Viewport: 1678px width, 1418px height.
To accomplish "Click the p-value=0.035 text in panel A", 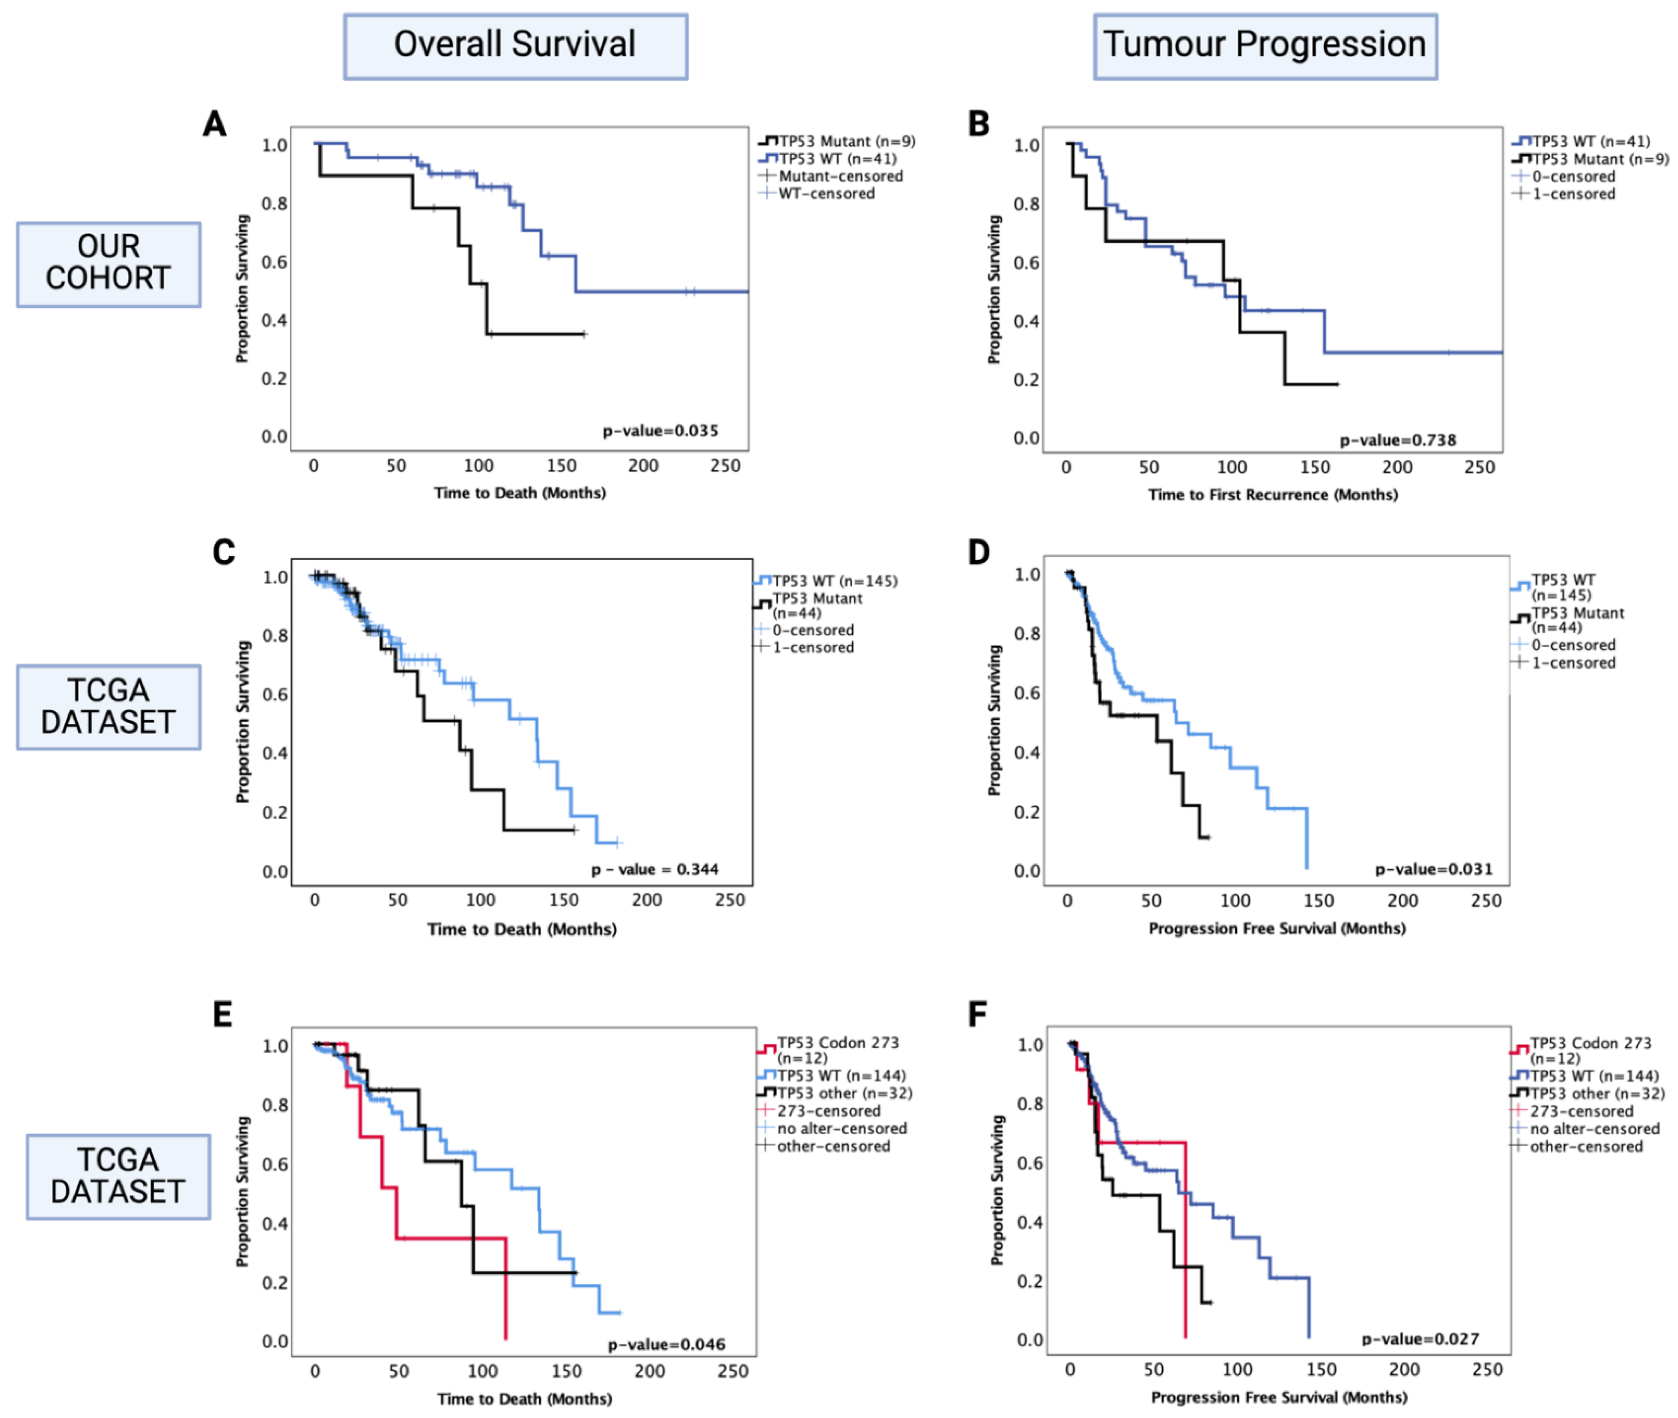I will pyautogui.click(x=660, y=431).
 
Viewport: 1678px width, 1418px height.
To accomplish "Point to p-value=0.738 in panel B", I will pyautogui.click(x=1397, y=440).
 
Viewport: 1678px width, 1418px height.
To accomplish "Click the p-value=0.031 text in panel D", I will pyautogui.click(x=1434, y=869).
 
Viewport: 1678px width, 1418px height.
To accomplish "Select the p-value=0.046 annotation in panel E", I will pyautogui.click(x=666, y=1344).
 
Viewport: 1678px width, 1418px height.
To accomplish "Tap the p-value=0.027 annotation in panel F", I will pyautogui.click(x=1420, y=1339).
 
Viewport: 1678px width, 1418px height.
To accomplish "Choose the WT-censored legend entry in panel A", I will pyautogui.click(x=826, y=194).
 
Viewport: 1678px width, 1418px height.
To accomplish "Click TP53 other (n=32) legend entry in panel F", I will pyautogui.click(x=1596, y=1093).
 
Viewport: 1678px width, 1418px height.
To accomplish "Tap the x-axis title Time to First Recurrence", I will pyautogui.click(x=1272, y=494).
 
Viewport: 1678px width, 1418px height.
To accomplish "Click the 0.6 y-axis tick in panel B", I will pyautogui.click(x=1026, y=263).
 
